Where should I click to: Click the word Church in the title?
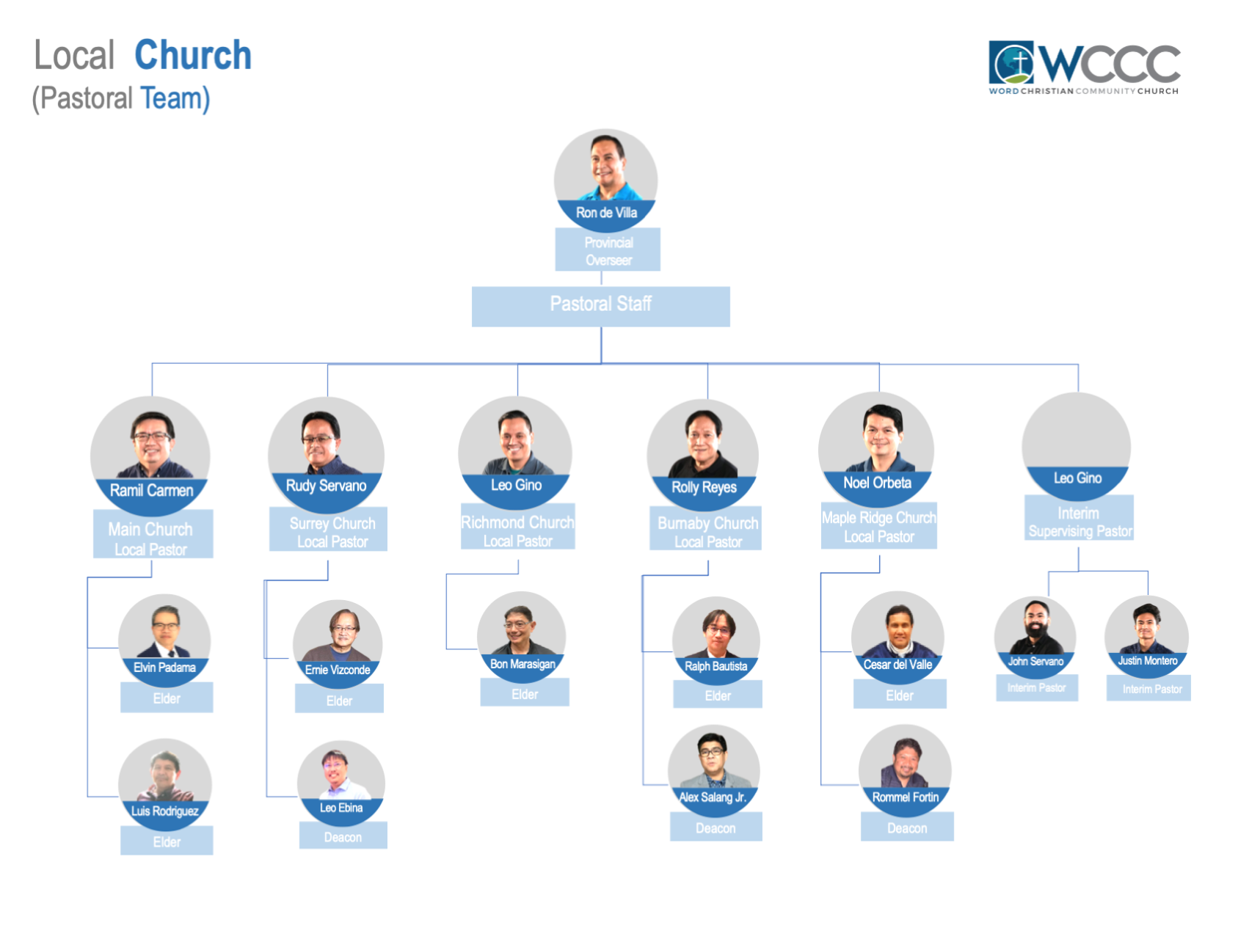pyautogui.click(x=193, y=56)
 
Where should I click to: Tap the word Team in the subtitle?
pyautogui.click(x=175, y=98)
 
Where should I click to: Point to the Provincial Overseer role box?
pyautogui.click(x=608, y=250)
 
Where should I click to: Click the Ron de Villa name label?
pyautogui.click(x=606, y=213)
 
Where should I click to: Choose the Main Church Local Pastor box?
pyautogui.click(x=152, y=538)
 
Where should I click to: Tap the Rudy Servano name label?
pyautogui.click(x=326, y=486)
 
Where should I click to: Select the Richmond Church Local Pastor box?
pyautogui.click(x=517, y=530)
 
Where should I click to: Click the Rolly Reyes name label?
pyautogui.click(x=704, y=487)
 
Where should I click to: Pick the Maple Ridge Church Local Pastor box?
pyautogui.click(x=878, y=526)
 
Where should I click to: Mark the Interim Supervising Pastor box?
pyautogui.click(x=1079, y=521)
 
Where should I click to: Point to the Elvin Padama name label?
pyautogui.click(x=164, y=668)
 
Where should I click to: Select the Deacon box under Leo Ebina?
pyautogui.click(x=343, y=837)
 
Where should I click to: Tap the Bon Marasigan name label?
pyautogui.click(x=522, y=664)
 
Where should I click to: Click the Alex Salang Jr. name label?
pyautogui.click(x=713, y=797)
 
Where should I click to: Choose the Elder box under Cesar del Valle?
pyautogui.click(x=899, y=695)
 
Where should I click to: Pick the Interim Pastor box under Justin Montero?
pyautogui.click(x=1151, y=689)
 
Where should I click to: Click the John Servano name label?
pyautogui.click(x=1035, y=662)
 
